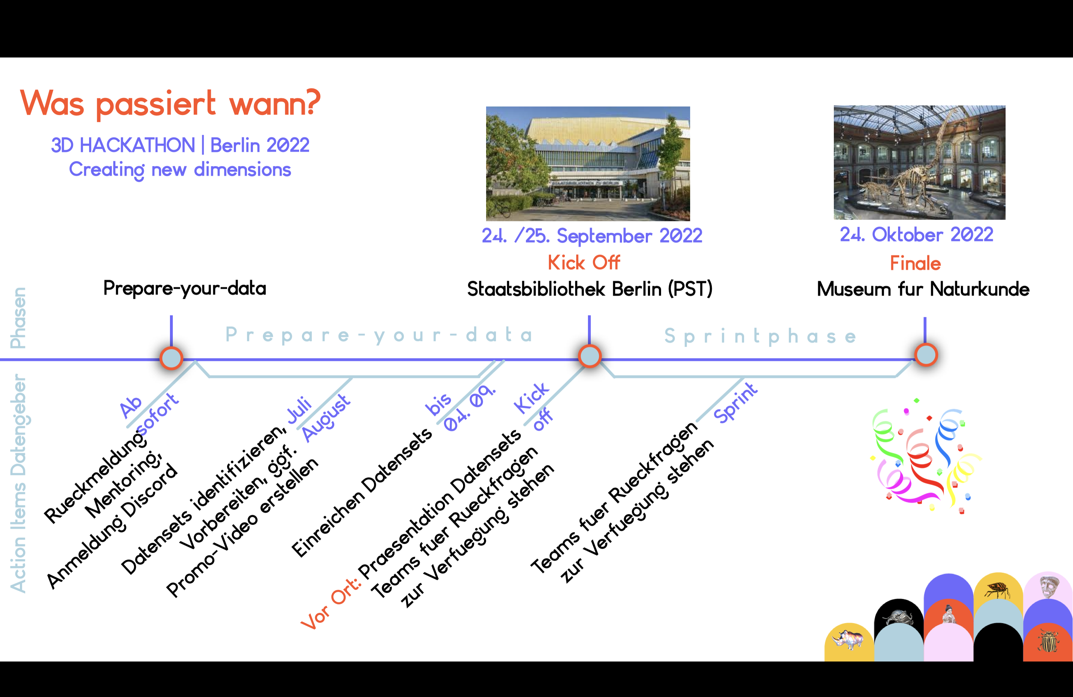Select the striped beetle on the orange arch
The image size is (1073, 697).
point(1049,640)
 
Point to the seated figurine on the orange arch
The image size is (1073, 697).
point(948,614)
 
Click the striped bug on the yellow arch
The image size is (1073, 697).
point(998,589)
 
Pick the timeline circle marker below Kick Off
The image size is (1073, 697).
point(590,356)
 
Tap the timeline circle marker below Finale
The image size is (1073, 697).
point(926,355)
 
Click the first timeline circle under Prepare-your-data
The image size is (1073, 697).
point(171,358)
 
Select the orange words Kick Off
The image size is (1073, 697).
point(584,262)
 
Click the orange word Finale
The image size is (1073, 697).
point(915,263)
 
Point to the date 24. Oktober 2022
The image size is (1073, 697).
point(917,235)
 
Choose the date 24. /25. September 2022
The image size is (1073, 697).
point(592,236)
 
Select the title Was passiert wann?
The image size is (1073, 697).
point(170,103)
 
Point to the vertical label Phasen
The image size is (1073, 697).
point(18,318)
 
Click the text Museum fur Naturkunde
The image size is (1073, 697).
point(923,289)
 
